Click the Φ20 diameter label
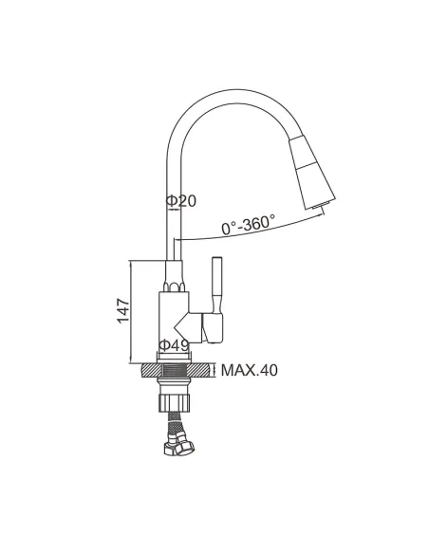tap(180, 201)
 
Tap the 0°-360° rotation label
tap(248, 225)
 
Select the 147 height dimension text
tap(123, 311)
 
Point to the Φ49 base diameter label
tap(174, 345)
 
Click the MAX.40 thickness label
tap(249, 370)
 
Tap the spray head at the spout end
tap(312, 172)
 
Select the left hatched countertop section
tap(152, 371)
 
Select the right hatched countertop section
tap(200, 371)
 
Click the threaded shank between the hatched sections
tap(175, 371)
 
